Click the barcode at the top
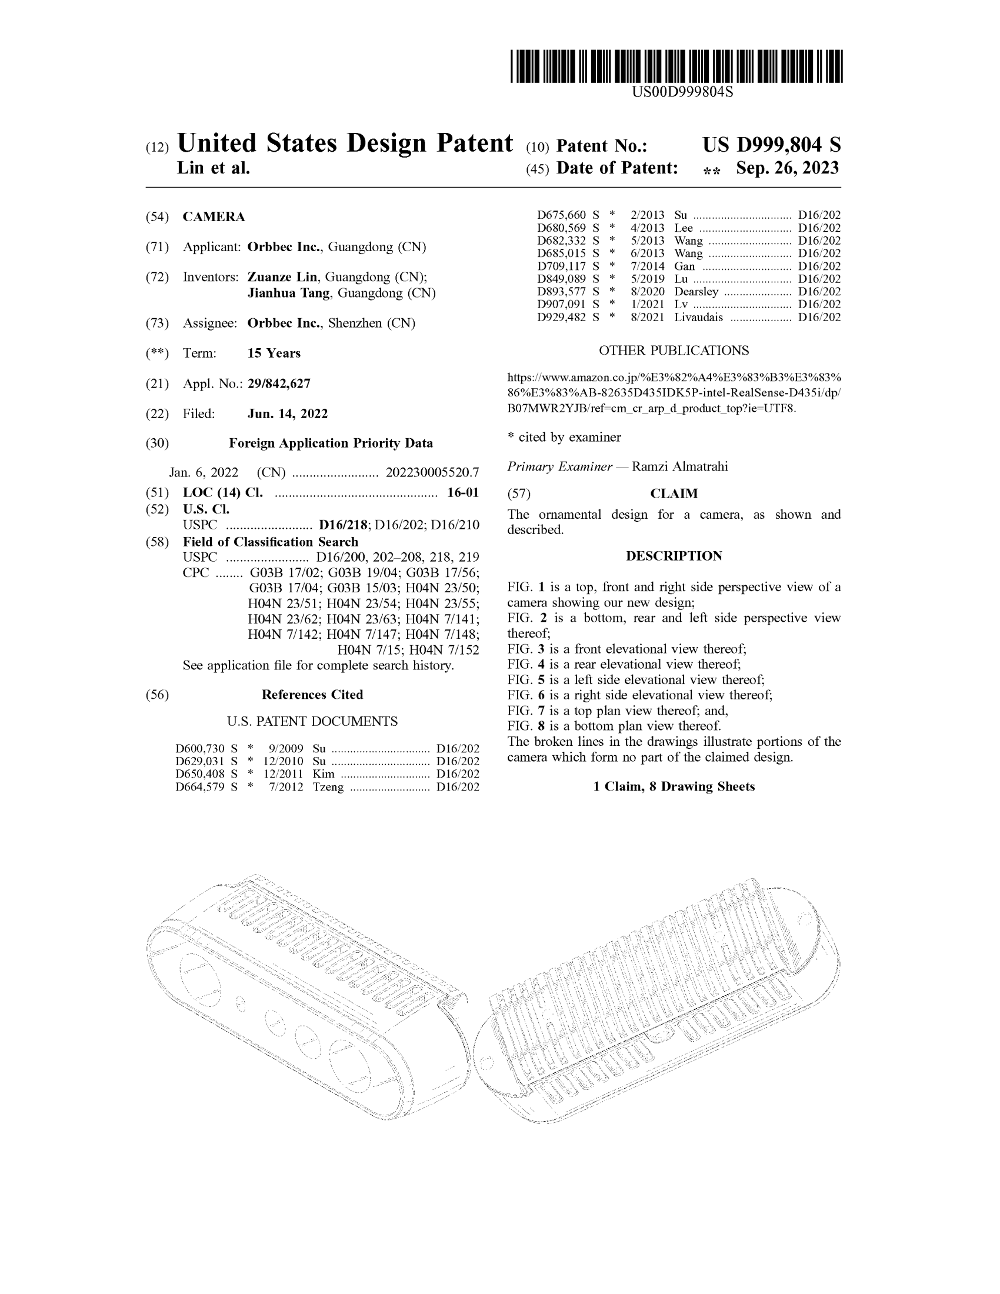pyautogui.click(x=676, y=66)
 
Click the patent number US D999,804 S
pyautogui.click(x=771, y=145)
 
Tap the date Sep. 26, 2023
pyautogui.click(x=787, y=168)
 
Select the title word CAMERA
pyautogui.click(x=214, y=217)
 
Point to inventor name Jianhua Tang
pyautogui.click(x=288, y=293)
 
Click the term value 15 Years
pyautogui.click(x=274, y=353)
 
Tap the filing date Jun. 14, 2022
pyautogui.click(x=287, y=413)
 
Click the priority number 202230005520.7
pyautogui.click(x=432, y=472)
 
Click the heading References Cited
pyautogui.click(x=312, y=695)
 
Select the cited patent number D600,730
pyautogui.click(x=199, y=748)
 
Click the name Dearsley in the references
pyautogui.click(x=696, y=292)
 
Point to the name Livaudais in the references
pyautogui.click(x=698, y=317)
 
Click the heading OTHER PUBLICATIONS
pyautogui.click(x=674, y=350)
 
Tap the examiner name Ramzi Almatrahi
pyautogui.click(x=679, y=466)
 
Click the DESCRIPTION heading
pyautogui.click(x=674, y=556)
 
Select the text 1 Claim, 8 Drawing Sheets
pyautogui.click(x=674, y=786)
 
